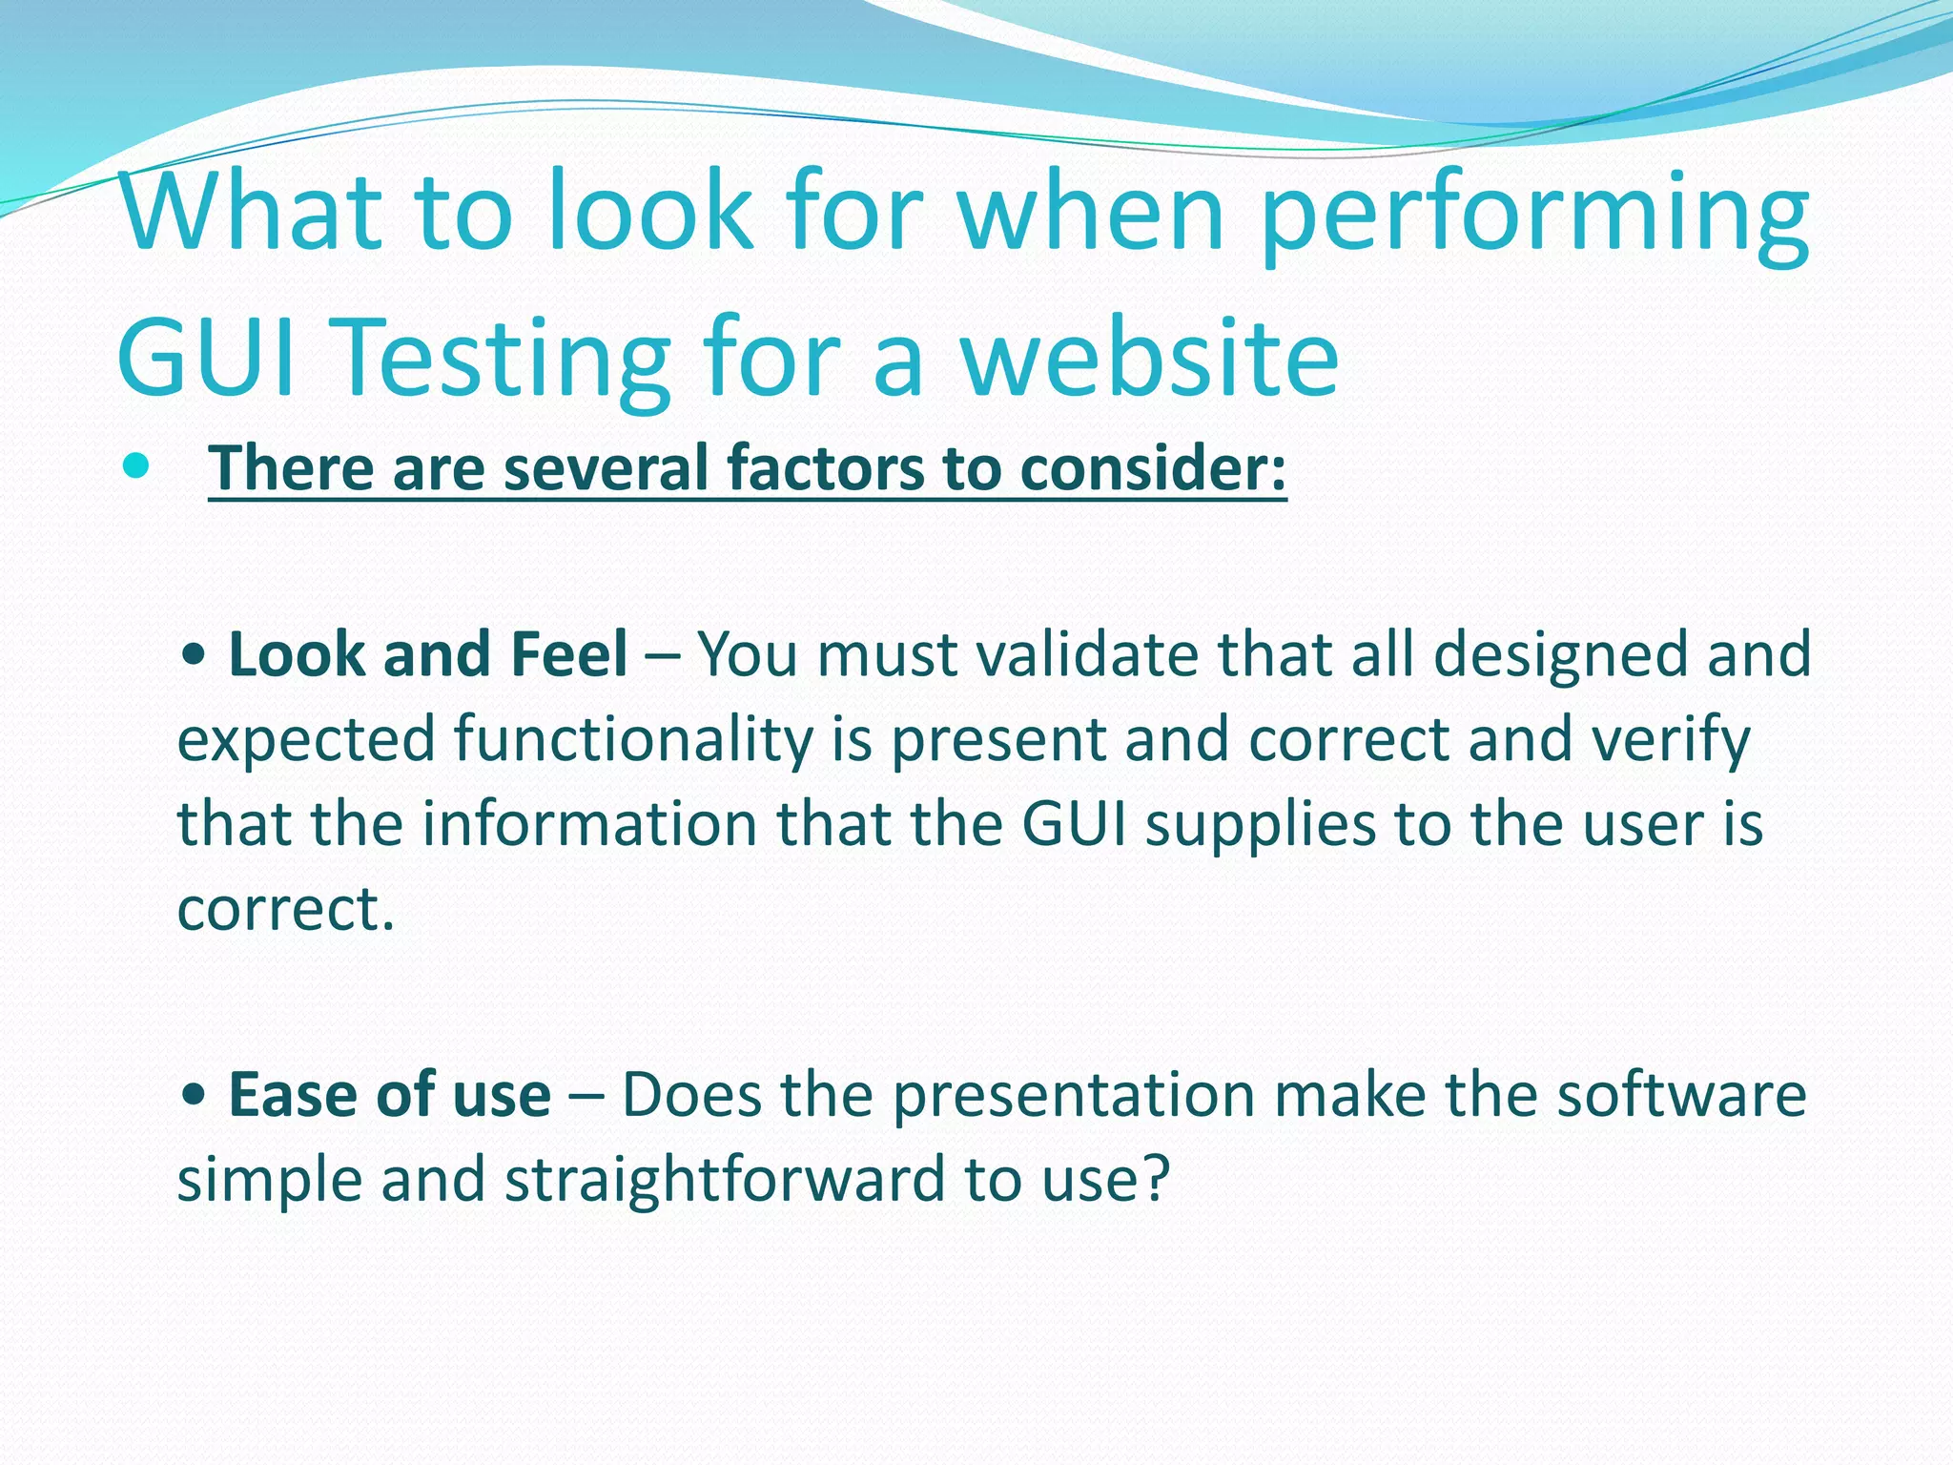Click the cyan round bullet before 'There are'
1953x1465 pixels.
pyautogui.click(x=137, y=466)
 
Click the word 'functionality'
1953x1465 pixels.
pyautogui.click(x=633, y=740)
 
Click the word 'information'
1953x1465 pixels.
pyautogui.click(x=589, y=824)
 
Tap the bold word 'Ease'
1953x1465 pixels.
pyautogui.click(x=297, y=1095)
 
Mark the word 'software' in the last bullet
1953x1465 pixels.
pyautogui.click(x=1681, y=1095)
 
